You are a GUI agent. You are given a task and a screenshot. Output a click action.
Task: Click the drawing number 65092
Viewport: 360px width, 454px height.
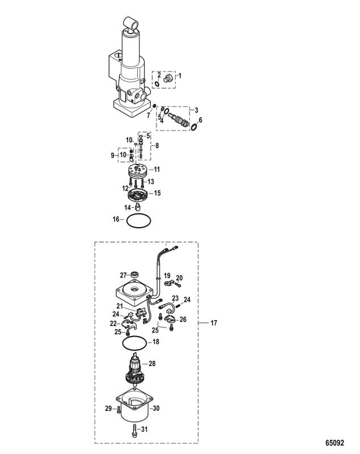coord(334,443)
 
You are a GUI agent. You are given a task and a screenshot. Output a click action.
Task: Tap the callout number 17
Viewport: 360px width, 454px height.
coord(213,322)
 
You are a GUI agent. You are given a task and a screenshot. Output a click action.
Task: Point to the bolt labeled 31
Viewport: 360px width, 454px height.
coord(134,429)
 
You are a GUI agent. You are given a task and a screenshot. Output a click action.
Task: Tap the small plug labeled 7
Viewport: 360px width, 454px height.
coord(154,105)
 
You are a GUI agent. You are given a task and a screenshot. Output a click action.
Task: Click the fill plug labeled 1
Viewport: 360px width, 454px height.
coord(168,78)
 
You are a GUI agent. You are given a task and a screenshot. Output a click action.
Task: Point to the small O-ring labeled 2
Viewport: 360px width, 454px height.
coord(157,83)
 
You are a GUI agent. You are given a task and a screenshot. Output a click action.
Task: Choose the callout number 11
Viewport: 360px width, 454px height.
coord(156,169)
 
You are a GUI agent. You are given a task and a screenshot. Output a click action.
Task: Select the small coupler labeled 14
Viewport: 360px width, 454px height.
coord(138,207)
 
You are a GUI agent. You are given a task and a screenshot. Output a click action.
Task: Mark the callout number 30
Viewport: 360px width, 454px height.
coord(156,408)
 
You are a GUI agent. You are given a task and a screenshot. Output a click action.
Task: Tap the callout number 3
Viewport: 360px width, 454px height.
coord(196,110)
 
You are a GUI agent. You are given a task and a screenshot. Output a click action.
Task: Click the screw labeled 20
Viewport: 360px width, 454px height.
coord(179,285)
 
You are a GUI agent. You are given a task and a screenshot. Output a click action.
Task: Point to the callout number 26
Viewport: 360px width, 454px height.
coord(183,319)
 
